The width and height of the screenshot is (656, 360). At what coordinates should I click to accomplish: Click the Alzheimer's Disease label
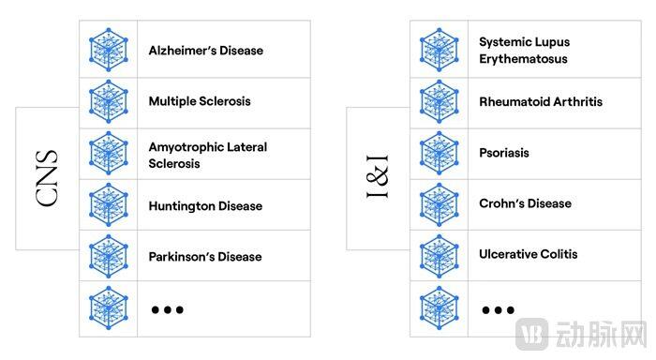tap(206, 51)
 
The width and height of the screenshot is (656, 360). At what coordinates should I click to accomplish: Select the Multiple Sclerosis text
tap(200, 101)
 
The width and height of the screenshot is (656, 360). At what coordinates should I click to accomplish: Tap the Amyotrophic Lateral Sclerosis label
tap(207, 156)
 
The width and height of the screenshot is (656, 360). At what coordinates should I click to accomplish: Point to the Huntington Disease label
tap(205, 206)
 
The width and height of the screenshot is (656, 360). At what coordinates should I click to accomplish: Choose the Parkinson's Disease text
tap(205, 257)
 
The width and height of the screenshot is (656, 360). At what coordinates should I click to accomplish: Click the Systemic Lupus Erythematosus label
tap(524, 51)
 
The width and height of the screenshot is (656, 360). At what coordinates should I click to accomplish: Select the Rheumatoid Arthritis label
tap(541, 102)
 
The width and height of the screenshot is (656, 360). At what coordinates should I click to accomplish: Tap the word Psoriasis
tap(504, 153)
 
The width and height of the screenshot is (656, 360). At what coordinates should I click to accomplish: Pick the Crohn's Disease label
tap(525, 203)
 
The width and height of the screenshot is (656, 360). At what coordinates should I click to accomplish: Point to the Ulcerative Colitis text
tap(528, 254)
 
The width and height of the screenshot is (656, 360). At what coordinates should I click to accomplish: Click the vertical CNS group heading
tap(47, 178)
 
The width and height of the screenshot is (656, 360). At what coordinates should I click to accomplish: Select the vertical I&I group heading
tap(377, 176)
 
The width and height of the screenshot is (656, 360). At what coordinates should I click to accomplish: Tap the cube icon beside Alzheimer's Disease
tap(109, 50)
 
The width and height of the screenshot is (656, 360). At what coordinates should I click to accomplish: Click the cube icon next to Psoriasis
tap(439, 153)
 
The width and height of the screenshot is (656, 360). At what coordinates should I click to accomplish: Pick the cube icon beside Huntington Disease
tap(109, 204)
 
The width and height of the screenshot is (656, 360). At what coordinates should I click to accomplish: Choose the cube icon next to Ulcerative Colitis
tap(439, 256)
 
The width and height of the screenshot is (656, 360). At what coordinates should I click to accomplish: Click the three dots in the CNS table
tap(168, 309)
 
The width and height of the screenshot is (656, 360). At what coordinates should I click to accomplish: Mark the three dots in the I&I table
tap(498, 309)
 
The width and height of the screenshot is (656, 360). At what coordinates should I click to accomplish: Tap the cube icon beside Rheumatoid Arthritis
tap(439, 101)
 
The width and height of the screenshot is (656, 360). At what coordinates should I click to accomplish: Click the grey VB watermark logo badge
tap(531, 334)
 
